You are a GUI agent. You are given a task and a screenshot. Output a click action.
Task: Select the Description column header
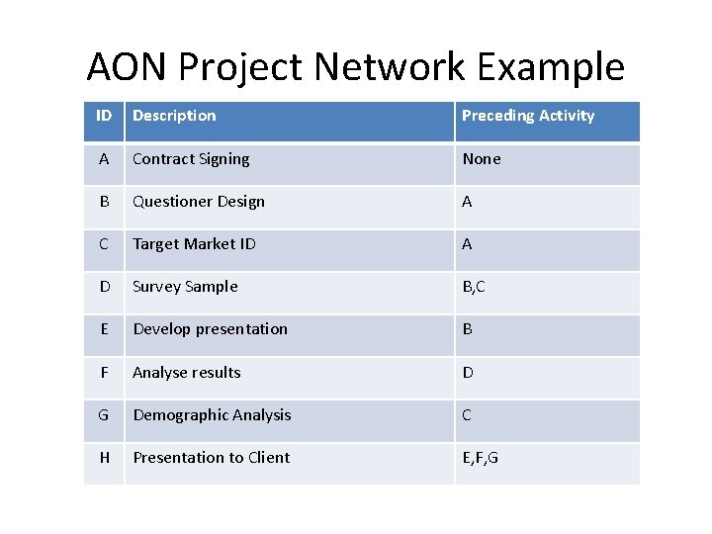[174, 116]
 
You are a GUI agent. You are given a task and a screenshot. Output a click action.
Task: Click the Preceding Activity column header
[528, 116]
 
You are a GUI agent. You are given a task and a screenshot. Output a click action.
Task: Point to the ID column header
[104, 116]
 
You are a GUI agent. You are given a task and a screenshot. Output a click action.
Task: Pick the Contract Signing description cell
[191, 159]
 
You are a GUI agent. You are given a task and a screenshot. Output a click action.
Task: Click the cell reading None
[482, 159]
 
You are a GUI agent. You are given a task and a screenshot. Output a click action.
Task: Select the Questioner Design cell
[199, 202]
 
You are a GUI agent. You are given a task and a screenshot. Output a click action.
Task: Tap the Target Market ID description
[194, 244]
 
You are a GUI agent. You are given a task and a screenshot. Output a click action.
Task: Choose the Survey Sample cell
[185, 287]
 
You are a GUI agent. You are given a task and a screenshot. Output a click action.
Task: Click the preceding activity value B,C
[474, 287]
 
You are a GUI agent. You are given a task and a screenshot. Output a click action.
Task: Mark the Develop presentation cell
[210, 329]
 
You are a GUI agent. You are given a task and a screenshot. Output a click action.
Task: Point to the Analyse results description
[187, 373]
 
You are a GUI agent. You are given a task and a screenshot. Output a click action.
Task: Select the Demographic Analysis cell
[212, 415]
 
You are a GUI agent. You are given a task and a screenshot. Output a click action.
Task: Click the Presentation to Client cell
[212, 458]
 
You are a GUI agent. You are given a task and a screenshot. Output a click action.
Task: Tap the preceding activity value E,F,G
[481, 458]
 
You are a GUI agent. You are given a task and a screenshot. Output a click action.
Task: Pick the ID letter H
[104, 458]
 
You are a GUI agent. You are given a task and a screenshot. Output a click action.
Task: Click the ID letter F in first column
[104, 373]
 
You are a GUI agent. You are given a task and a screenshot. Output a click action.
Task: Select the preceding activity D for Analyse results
[468, 373]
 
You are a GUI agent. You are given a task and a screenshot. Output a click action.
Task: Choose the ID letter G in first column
[104, 415]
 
